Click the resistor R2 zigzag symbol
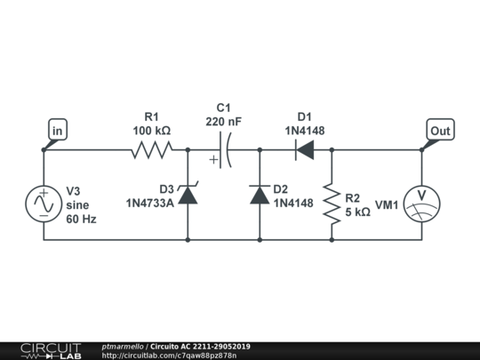click(332, 204)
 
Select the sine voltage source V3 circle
click(44, 204)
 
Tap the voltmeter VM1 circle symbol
click(422, 204)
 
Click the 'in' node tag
click(56, 132)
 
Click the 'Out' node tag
click(440, 131)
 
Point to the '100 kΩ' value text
click(151, 131)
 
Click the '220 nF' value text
click(223, 121)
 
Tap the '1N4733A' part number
click(149, 203)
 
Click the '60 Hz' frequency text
click(81, 219)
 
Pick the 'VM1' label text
click(387, 204)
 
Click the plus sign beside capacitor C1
click(214, 161)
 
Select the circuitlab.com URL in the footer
click(169, 356)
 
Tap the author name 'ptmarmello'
click(124, 346)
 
